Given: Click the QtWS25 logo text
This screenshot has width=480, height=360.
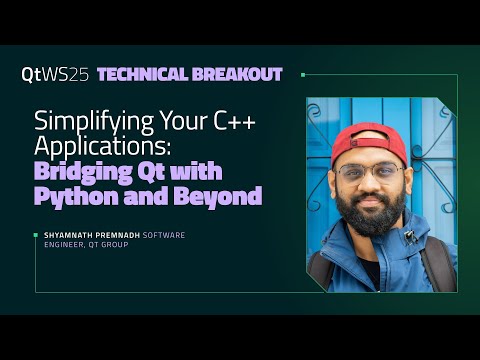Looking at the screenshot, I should tap(55, 75).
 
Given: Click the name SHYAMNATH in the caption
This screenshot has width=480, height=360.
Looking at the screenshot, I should tap(64, 235).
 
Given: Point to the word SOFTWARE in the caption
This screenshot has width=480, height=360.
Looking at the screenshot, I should tap(165, 235).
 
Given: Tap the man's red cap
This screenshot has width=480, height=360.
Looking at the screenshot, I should tap(369, 141).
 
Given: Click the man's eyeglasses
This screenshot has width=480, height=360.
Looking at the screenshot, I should tap(370, 173).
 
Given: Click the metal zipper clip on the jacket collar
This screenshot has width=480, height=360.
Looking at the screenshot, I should tap(409, 237).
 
